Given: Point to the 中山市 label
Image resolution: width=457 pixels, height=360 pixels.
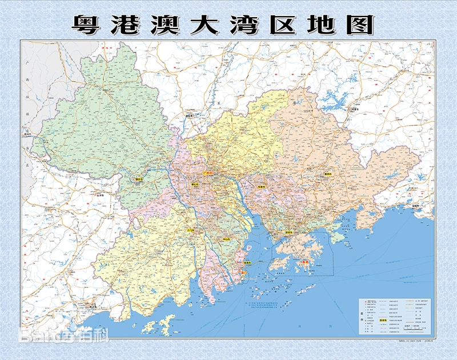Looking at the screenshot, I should (x=227, y=240).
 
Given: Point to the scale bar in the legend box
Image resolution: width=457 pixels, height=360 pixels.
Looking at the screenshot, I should (x=412, y=330).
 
